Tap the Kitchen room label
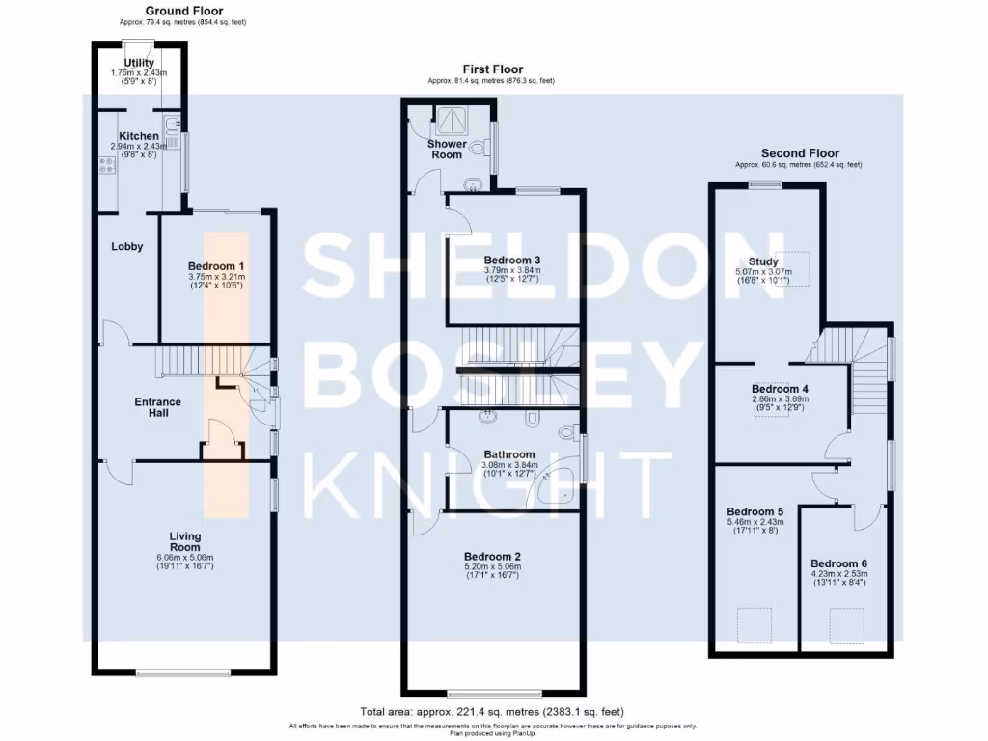[x=138, y=136]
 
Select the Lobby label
[x=126, y=247]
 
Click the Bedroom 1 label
[x=216, y=266]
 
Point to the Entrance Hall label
[x=157, y=407]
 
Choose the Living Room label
[x=184, y=541]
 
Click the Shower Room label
[x=447, y=150]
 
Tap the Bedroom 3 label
[x=511, y=261]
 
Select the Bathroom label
[x=508, y=454]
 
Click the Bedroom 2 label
[x=492, y=557]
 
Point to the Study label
[x=762, y=261]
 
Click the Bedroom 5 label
[x=754, y=511]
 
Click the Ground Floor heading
[x=183, y=11]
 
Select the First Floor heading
[x=492, y=69]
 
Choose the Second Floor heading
[x=800, y=153]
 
